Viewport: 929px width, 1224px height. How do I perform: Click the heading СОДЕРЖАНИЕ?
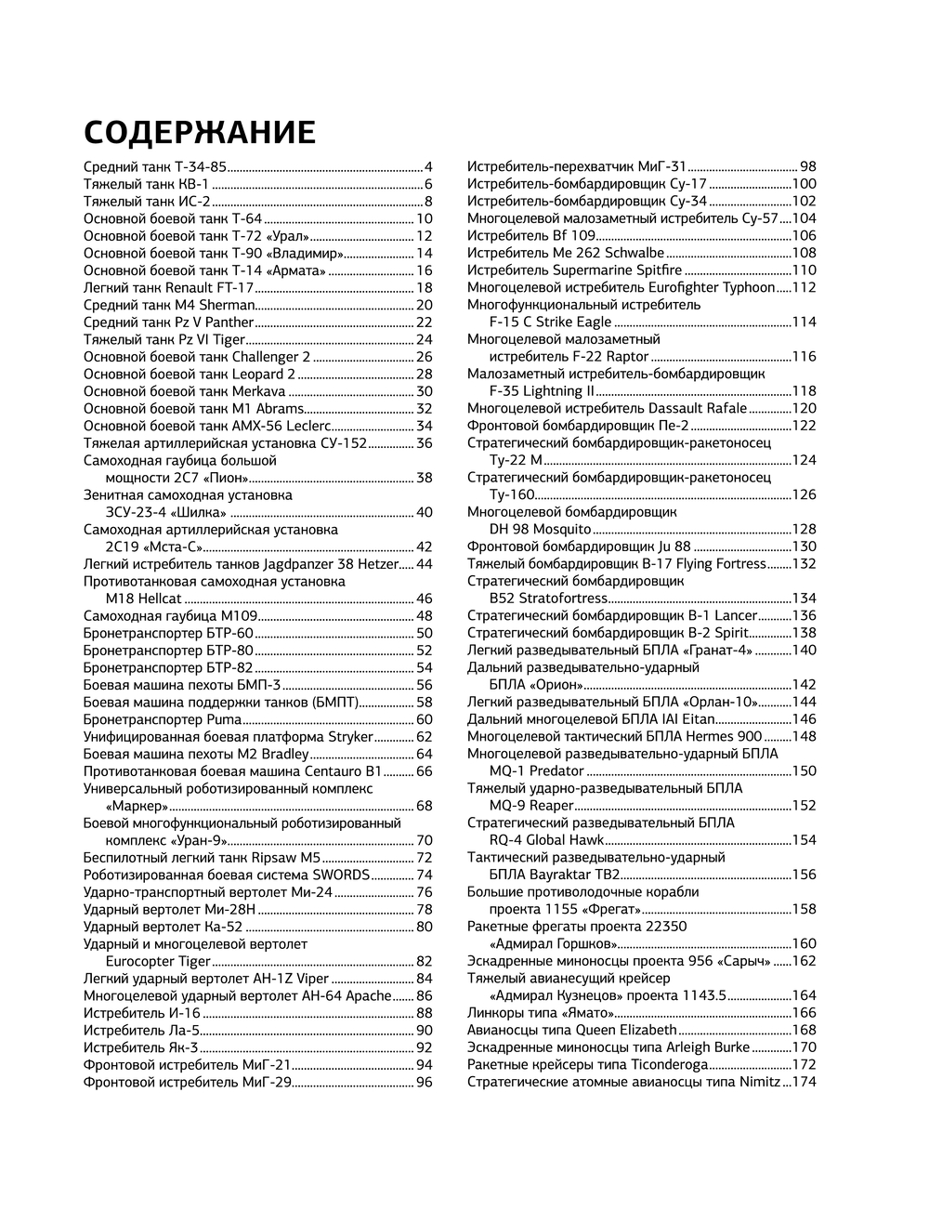click(200, 134)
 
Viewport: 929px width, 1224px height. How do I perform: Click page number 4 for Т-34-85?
click(428, 167)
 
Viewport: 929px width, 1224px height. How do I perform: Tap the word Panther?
click(225, 322)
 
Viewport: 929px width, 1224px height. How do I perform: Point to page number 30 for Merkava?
click(425, 391)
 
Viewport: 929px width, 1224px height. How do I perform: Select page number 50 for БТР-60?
click(425, 633)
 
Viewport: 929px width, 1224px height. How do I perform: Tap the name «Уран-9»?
click(197, 840)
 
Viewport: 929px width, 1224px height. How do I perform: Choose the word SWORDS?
click(341, 875)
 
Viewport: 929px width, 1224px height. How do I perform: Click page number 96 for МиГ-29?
click(425, 1082)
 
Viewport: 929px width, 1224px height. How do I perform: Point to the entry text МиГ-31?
click(662, 167)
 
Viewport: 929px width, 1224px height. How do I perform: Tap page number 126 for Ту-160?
click(804, 494)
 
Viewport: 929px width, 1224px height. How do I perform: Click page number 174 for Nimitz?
click(804, 1082)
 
